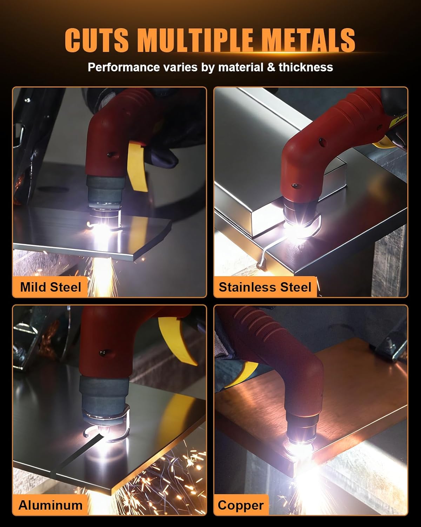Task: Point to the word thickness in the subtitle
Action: pos(306,67)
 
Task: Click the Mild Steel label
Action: pos(51,287)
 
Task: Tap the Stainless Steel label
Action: pos(265,287)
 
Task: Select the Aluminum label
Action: pos(51,505)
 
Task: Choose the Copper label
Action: pos(240,505)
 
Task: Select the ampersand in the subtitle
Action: pos(270,67)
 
